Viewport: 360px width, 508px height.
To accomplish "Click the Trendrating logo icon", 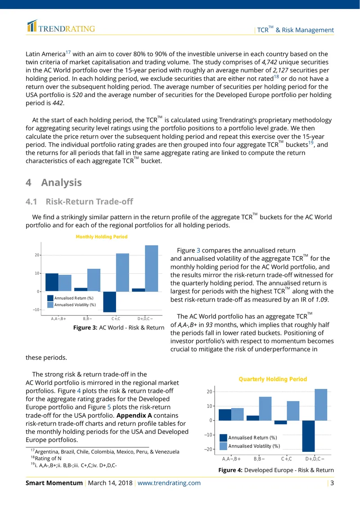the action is (32, 26).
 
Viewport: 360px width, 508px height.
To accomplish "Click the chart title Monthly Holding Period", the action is (102, 237).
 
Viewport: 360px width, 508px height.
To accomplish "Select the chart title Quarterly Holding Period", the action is (273, 379).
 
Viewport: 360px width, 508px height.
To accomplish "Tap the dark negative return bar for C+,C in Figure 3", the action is (110, 302).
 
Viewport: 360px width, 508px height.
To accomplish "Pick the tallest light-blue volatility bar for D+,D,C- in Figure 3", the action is (152, 268).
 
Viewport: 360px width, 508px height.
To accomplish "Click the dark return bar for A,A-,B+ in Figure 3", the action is (52, 282).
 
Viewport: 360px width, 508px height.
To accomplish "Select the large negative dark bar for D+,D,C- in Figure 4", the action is (308, 436).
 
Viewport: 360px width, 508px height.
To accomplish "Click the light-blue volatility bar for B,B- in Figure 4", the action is (265, 409).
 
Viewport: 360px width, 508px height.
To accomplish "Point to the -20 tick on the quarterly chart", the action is (208, 450).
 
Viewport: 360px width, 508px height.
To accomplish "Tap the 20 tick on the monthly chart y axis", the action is (36, 255).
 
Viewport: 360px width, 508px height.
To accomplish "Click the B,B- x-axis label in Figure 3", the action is (88, 319).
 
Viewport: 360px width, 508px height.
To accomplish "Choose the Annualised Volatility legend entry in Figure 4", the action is (250, 446).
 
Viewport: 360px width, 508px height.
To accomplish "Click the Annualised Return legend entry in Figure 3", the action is (70, 298).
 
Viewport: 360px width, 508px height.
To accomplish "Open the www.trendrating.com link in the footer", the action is (169, 483).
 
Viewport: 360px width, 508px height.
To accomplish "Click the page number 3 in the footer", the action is (332, 483).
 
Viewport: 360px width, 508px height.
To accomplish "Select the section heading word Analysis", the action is (61, 183).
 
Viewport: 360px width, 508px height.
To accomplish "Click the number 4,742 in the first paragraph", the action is (269, 62).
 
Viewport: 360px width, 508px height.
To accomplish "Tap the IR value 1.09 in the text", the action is (321, 300).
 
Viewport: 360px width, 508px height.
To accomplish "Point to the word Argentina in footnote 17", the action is (47, 452).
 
